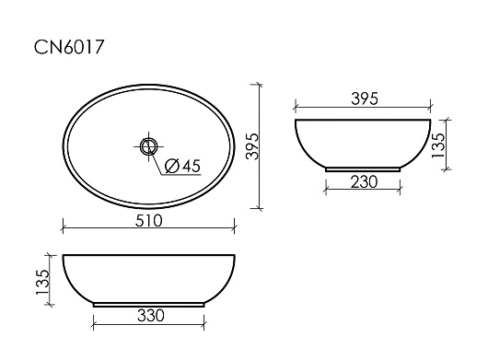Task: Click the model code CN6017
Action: click(68, 47)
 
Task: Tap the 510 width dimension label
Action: click(149, 221)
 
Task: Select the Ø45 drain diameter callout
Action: click(182, 166)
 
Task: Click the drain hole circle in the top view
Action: click(148, 146)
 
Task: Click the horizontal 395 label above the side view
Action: click(365, 99)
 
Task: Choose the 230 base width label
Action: click(364, 181)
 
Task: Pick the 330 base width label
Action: click(151, 316)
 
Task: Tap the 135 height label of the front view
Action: click(42, 283)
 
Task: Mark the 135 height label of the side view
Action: click(438, 145)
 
